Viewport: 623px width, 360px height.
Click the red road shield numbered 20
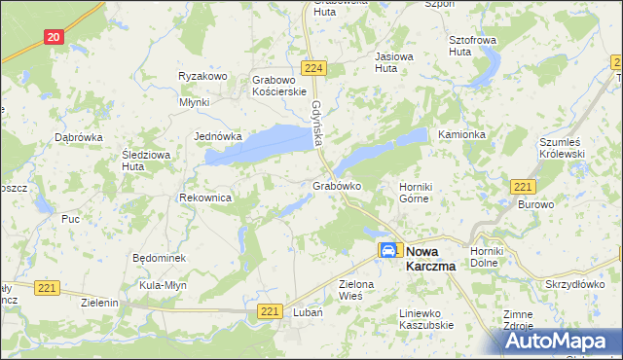54,36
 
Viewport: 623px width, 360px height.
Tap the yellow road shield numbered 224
312,68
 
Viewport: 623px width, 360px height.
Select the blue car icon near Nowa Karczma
388,250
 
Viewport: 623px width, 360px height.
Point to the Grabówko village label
338,186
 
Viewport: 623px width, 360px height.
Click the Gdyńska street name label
317,125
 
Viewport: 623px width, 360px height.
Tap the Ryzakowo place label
202,76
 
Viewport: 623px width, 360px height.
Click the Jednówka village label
218,136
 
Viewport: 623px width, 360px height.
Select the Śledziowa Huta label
147,160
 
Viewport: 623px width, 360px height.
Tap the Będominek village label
159,258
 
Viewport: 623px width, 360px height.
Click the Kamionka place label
461,133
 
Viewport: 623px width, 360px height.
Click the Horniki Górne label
415,193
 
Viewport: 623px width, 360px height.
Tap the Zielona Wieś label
356,290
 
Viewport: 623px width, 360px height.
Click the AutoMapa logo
560,342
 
